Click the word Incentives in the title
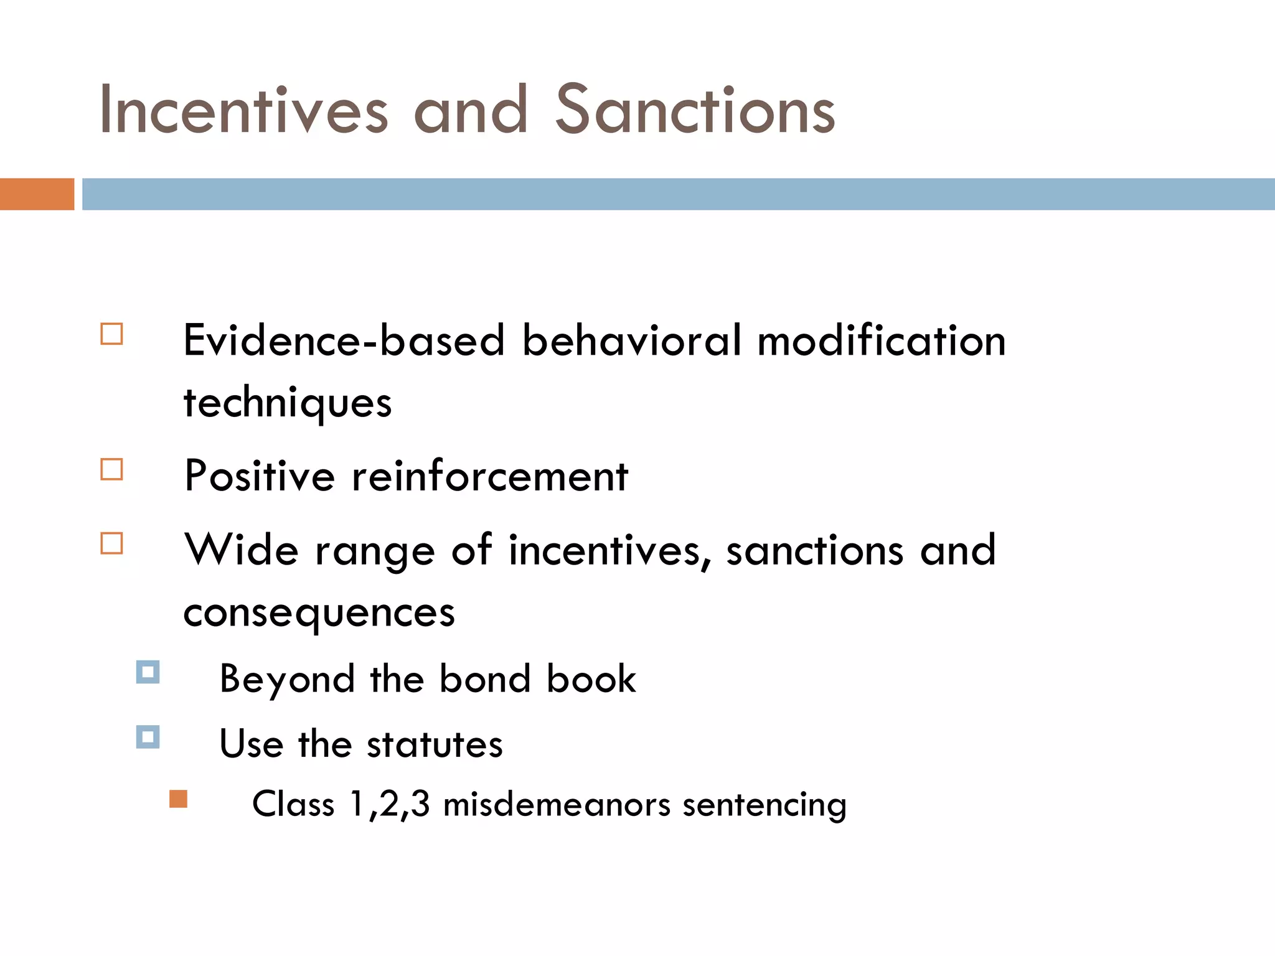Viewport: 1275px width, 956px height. pyautogui.click(x=243, y=110)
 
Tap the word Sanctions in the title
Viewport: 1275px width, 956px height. pyautogui.click(x=695, y=110)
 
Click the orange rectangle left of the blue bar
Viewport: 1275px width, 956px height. pyautogui.click(x=37, y=194)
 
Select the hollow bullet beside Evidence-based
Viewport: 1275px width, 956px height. pyautogui.click(x=111, y=334)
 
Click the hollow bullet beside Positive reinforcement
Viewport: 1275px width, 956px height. pyautogui.click(x=111, y=469)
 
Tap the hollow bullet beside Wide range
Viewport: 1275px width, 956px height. pyautogui.click(x=111, y=543)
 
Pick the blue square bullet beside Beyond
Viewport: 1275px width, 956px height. pyautogui.click(x=148, y=672)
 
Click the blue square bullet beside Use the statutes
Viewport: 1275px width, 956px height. pyautogui.click(x=148, y=737)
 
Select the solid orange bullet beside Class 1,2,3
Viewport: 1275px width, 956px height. pyautogui.click(x=178, y=799)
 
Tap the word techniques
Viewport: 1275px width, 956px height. pyautogui.click(x=287, y=403)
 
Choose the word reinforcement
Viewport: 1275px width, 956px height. pyautogui.click(x=490, y=476)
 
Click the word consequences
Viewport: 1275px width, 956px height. pyautogui.click(x=319, y=612)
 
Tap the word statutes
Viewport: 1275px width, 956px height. pyautogui.click(x=434, y=744)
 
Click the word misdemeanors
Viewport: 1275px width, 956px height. pyautogui.click(x=557, y=804)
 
